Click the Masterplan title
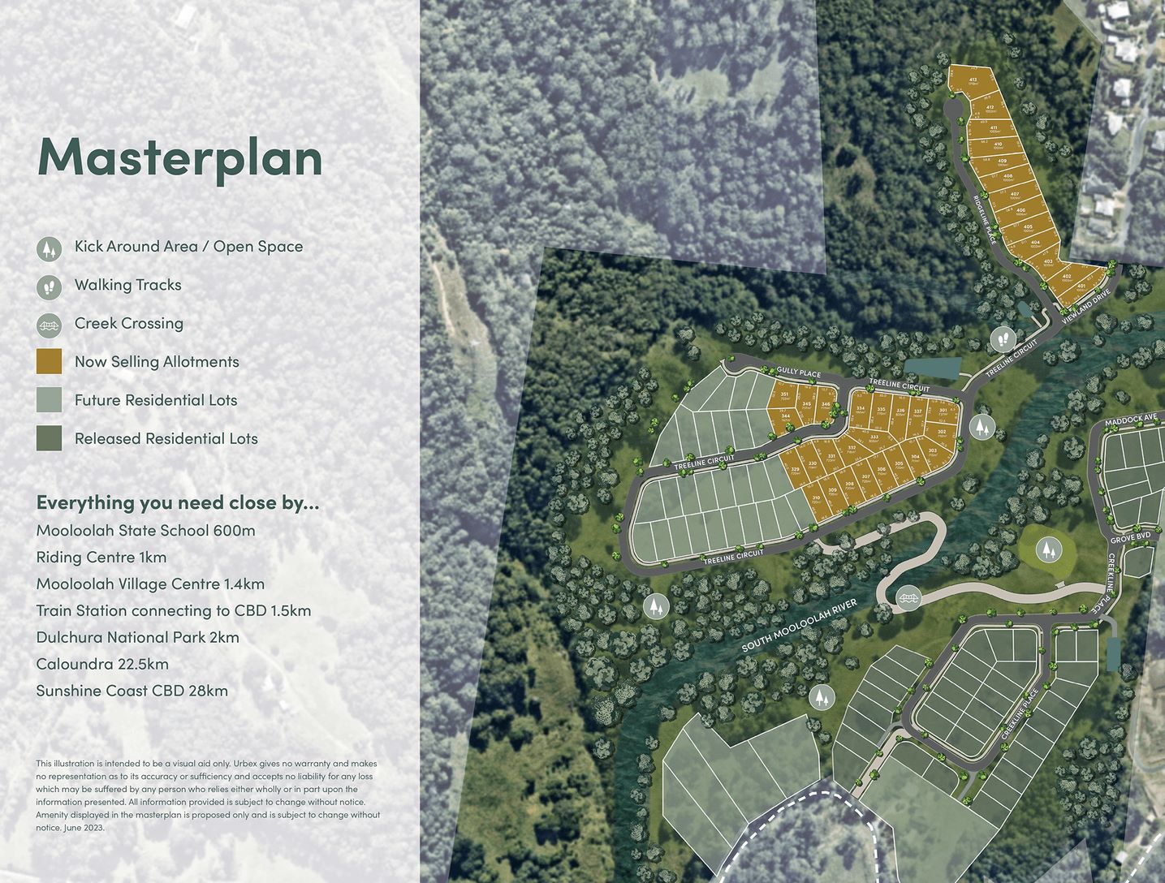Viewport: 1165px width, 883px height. (179, 157)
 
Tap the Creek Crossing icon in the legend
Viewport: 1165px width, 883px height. (49, 325)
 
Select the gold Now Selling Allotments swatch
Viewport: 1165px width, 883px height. (49, 362)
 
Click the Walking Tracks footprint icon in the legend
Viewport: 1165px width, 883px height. (49, 286)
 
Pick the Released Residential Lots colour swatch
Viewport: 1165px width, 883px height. (49, 438)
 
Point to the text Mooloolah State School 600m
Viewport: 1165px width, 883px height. (145, 531)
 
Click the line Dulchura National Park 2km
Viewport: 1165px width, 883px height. (137, 637)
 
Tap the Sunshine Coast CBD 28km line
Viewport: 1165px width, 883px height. (132, 691)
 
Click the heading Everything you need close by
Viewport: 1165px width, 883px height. (177, 502)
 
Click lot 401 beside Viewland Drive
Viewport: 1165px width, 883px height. (1081, 286)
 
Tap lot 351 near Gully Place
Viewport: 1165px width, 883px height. (784, 394)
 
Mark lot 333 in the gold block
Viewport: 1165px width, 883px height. (874, 437)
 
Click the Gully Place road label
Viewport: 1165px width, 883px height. (798, 373)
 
